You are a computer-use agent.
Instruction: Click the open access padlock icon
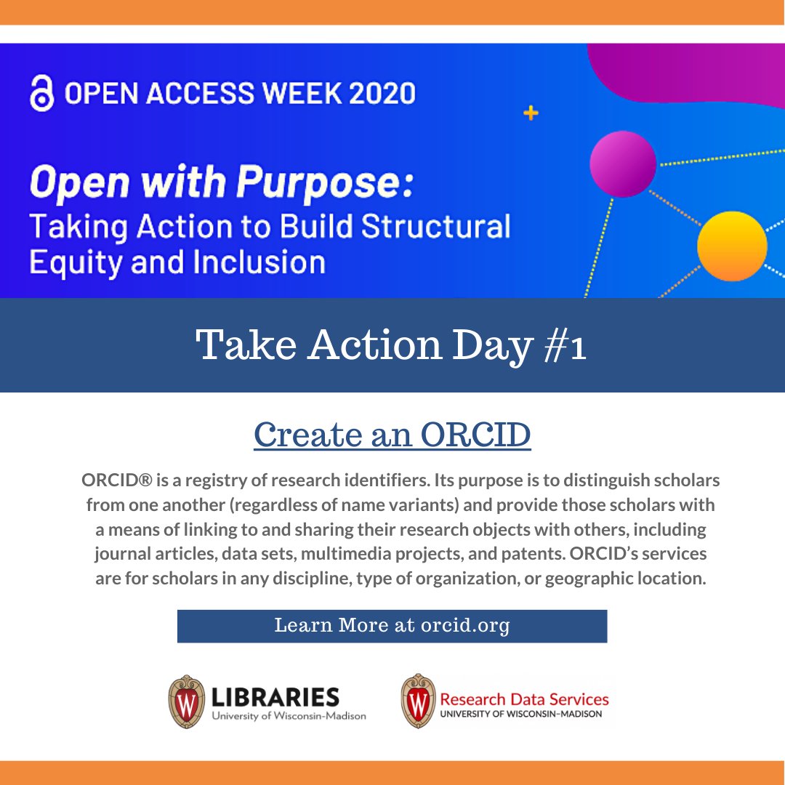point(41,94)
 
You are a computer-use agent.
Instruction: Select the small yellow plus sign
point(531,113)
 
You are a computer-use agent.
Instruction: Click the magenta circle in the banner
point(622,163)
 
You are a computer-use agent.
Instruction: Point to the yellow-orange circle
point(731,246)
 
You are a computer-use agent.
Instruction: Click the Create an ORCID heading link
point(392,435)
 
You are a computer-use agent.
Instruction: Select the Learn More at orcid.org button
point(392,626)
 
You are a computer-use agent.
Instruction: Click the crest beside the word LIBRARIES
point(185,702)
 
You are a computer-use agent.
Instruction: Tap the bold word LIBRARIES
point(275,697)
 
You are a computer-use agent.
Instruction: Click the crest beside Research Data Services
point(418,702)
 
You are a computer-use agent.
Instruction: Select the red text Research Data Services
point(524,699)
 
